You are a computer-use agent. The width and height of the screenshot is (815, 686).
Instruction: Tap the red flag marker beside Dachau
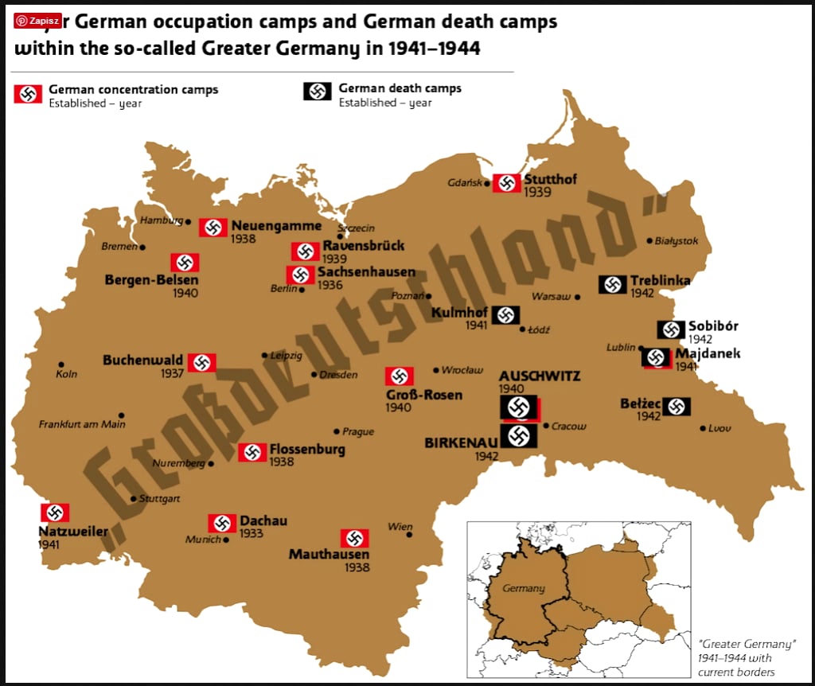coord(222,523)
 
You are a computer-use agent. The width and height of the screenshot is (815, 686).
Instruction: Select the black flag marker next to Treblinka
coord(613,284)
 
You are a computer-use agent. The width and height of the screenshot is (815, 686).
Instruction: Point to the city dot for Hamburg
coord(189,222)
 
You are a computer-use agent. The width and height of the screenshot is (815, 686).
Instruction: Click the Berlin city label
coord(283,288)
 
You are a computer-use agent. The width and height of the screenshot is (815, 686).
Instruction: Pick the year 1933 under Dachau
coord(251,534)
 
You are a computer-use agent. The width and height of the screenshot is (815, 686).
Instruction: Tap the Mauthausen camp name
coord(329,554)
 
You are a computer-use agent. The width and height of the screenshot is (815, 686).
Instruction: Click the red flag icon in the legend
coord(28,95)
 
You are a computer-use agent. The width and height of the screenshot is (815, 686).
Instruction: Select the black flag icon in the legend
coord(317,92)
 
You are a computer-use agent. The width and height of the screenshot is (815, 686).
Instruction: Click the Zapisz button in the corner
coord(37,20)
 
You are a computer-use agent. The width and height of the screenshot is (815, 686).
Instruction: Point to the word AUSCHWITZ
coord(540,376)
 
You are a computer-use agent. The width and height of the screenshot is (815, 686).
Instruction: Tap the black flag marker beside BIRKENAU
coord(519,435)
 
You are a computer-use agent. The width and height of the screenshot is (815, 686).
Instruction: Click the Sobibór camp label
coord(713,325)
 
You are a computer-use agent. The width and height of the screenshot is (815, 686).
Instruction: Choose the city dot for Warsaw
coord(579,297)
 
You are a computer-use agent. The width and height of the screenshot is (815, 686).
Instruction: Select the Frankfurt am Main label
coord(83,424)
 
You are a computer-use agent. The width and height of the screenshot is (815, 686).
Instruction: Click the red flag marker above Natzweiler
coord(55,513)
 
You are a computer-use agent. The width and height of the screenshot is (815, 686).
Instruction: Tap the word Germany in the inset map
coord(524,588)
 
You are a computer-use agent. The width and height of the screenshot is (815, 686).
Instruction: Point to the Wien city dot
coord(410,535)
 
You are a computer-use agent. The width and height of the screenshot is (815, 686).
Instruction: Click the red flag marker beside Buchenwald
coord(201,363)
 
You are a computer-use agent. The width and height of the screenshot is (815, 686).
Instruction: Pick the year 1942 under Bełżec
coord(649,416)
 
